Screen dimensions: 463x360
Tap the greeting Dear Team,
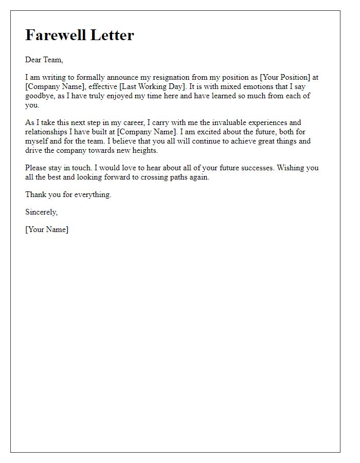(44, 60)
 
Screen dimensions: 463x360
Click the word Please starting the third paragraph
(37, 168)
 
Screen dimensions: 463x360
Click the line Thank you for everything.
(68, 194)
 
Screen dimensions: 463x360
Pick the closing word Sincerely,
(42, 212)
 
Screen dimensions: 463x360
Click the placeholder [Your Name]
(47, 229)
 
